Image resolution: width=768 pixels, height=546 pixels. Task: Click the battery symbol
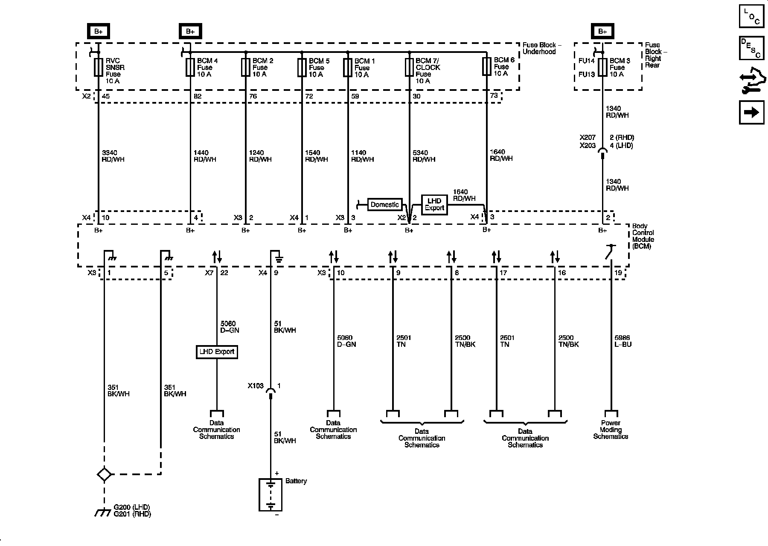pos(270,494)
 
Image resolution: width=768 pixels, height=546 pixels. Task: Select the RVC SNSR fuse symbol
pos(98,67)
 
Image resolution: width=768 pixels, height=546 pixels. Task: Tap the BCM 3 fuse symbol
pos(602,67)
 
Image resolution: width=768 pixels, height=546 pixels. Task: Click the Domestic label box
pos(384,205)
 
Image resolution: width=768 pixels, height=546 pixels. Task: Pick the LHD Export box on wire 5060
pos(217,352)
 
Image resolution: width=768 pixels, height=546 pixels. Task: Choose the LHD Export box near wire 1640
pos(434,205)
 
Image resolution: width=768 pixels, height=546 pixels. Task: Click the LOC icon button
pos(751,16)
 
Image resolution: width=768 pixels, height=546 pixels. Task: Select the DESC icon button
pos(751,48)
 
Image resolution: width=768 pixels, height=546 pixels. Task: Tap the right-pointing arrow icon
pos(751,112)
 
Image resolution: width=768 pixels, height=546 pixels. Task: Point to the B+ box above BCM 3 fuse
pos(602,31)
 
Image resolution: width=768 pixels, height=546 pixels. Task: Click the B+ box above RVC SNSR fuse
pos(99,31)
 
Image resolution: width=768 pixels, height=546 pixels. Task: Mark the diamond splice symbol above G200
pos(104,474)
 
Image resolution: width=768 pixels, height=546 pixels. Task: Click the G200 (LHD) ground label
pos(131,507)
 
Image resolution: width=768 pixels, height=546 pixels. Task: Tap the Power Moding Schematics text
pos(611,430)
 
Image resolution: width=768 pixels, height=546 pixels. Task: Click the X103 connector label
pos(256,386)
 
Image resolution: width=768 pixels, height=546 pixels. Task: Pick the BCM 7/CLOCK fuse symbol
pos(409,67)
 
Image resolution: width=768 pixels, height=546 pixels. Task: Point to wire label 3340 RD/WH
pos(113,156)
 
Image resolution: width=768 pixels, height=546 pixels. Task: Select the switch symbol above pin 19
pos(610,252)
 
